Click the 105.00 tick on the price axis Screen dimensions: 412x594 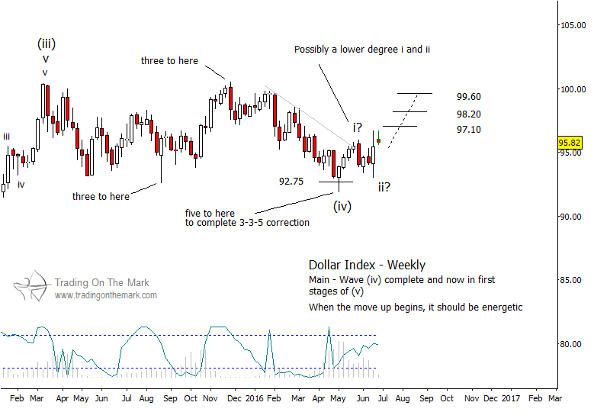(x=572, y=25)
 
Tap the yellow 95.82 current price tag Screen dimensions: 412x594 (x=570, y=143)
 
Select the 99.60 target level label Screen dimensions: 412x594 (x=468, y=97)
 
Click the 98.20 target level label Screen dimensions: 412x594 (x=468, y=114)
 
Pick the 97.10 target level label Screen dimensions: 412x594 (x=468, y=130)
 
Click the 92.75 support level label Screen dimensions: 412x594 (x=291, y=182)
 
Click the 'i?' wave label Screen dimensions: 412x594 (x=357, y=127)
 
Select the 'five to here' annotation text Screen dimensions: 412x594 (x=210, y=213)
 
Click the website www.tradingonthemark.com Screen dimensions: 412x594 (x=106, y=295)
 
